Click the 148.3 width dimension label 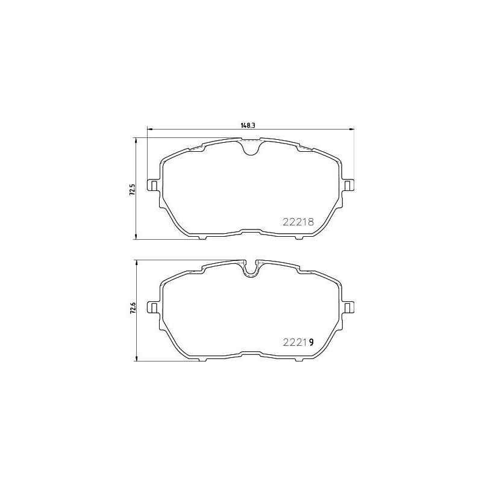point(246,125)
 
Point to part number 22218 point(298,221)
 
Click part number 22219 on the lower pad point(298,342)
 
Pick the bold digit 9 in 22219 point(311,342)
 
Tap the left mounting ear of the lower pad point(154,307)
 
